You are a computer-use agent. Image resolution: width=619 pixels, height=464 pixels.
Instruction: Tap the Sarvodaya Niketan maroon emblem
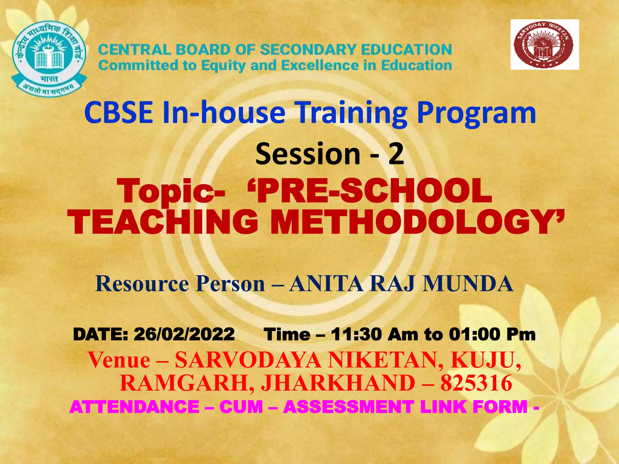click(x=544, y=44)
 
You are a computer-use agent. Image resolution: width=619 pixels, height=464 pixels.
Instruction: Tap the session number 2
click(x=396, y=154)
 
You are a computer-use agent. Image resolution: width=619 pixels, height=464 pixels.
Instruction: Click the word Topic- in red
click(x=172, y=192)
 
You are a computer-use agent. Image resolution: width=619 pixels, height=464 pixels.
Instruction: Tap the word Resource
click(x=142, y=284)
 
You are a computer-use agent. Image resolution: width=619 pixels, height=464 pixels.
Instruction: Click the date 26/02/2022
click(x=184, y=334)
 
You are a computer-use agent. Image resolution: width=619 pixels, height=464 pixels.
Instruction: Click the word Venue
click(x=119, y=360)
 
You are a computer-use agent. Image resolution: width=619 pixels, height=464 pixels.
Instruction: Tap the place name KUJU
click(x=485, y=360)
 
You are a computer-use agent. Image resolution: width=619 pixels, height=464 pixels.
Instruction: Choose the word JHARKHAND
click(x=338, y=383)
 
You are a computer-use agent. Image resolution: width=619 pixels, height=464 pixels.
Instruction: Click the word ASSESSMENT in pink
click(x=348, y=407)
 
